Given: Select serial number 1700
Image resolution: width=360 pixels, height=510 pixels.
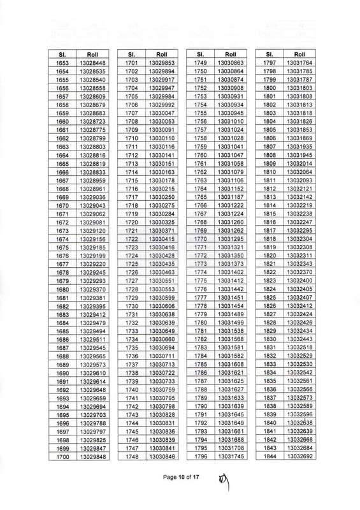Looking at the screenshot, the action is click(62, 456).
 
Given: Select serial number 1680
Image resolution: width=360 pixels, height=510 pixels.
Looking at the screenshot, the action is click(62, 289).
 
